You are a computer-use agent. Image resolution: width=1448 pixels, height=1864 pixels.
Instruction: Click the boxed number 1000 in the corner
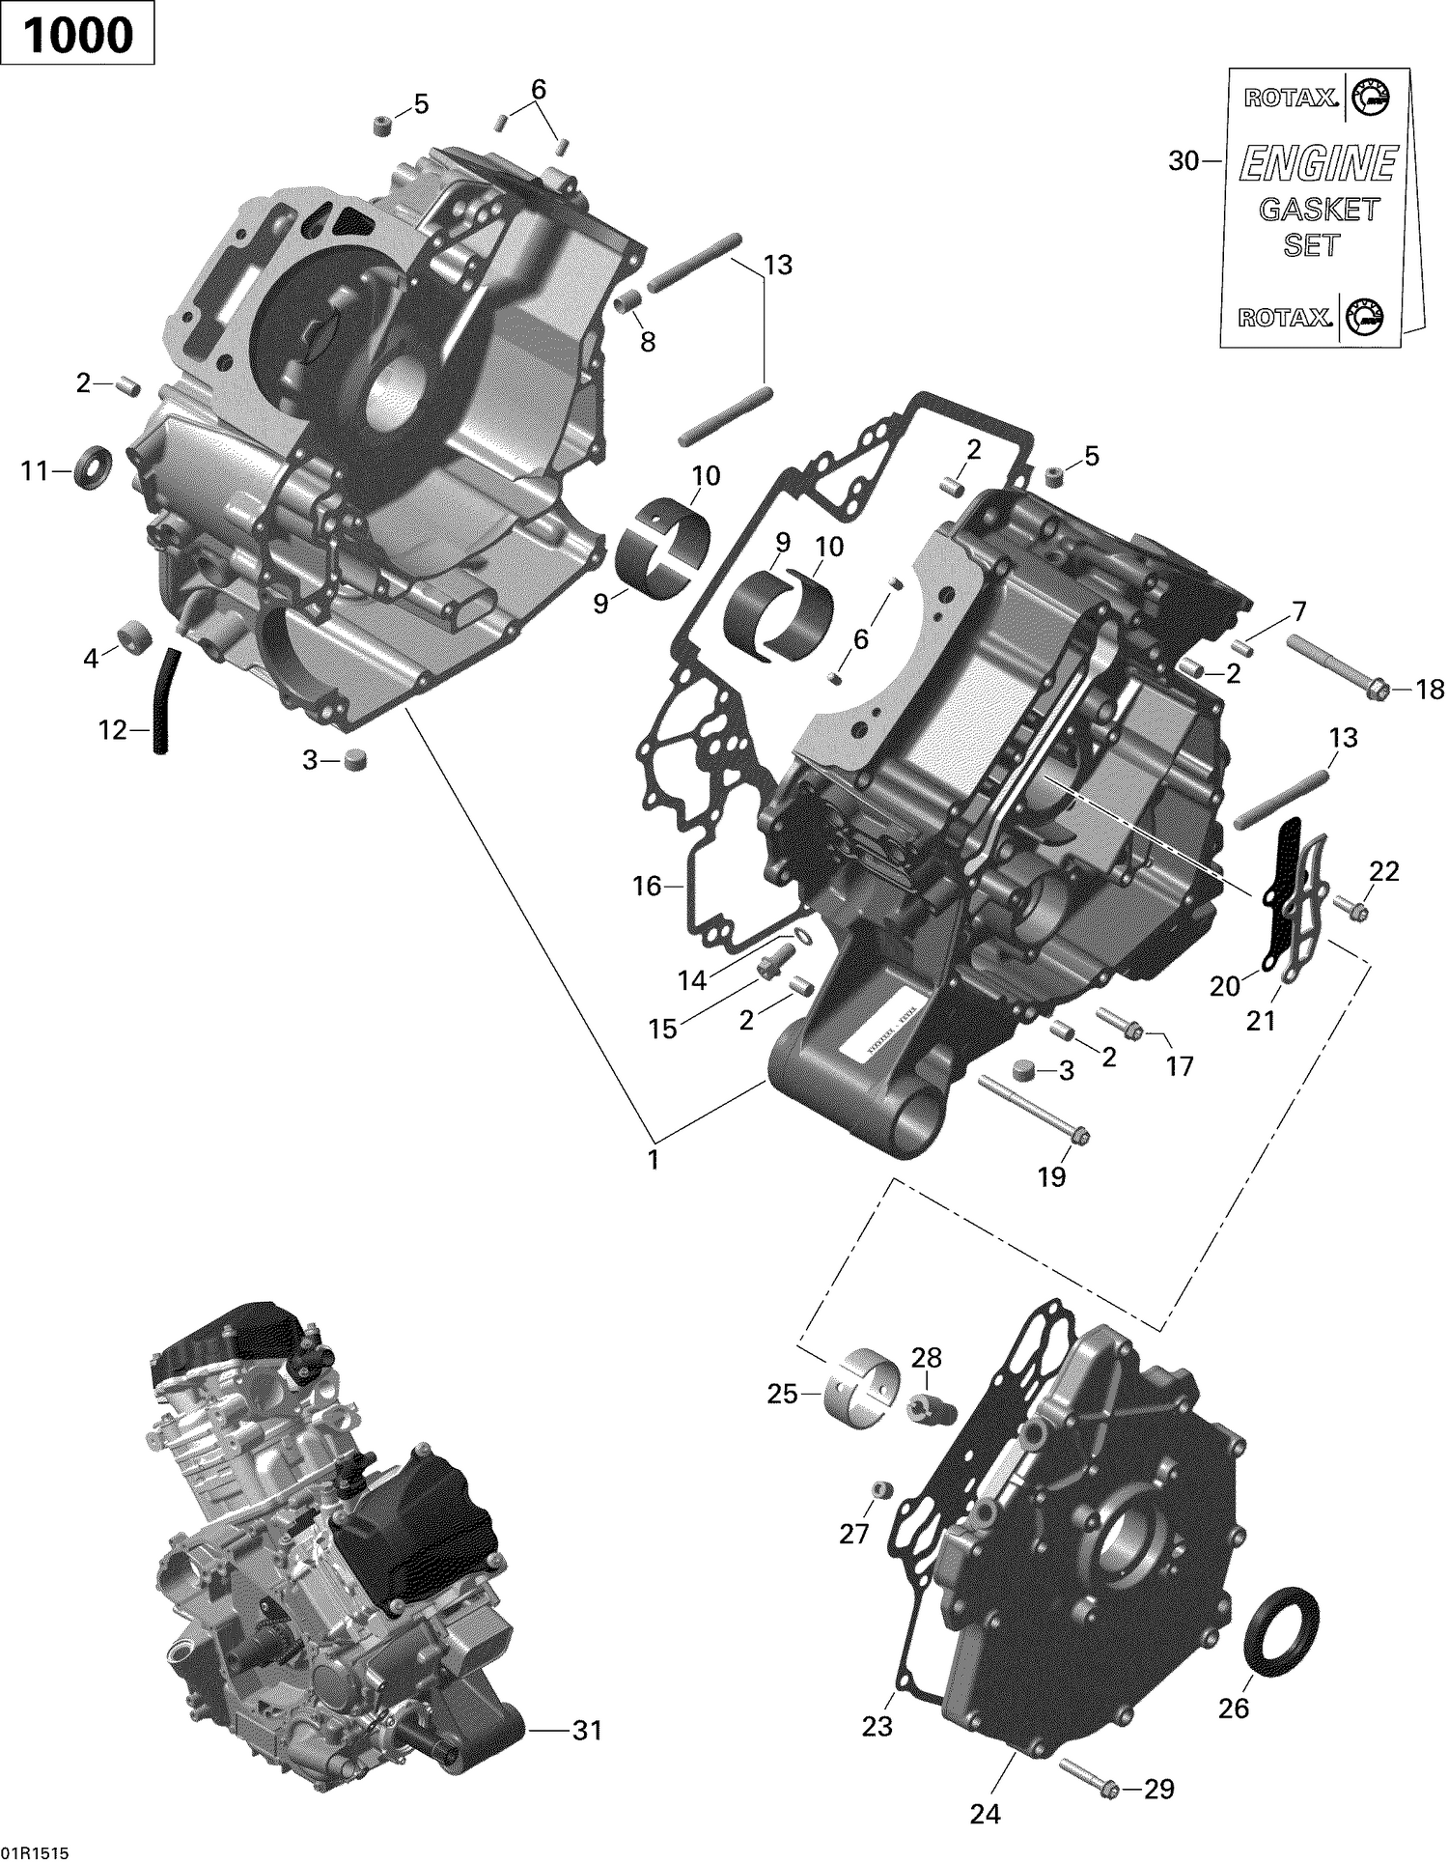coord(77,36)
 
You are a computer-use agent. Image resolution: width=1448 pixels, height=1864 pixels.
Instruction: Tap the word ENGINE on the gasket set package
coord(1318,164)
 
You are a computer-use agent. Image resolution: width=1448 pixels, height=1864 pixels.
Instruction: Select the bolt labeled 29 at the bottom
coord(1088,1789)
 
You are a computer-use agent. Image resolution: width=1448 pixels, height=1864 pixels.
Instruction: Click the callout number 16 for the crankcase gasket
coord(646,885)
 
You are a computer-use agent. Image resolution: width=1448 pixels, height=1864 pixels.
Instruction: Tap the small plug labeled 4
coord(130,636)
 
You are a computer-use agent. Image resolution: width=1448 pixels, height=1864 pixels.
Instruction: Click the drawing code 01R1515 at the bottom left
coord(28,1849)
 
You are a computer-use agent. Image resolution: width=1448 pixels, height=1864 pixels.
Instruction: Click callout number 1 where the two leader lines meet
coord(654,1158)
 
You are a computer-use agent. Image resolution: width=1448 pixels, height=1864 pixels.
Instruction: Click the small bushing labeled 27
coord(878,1490)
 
